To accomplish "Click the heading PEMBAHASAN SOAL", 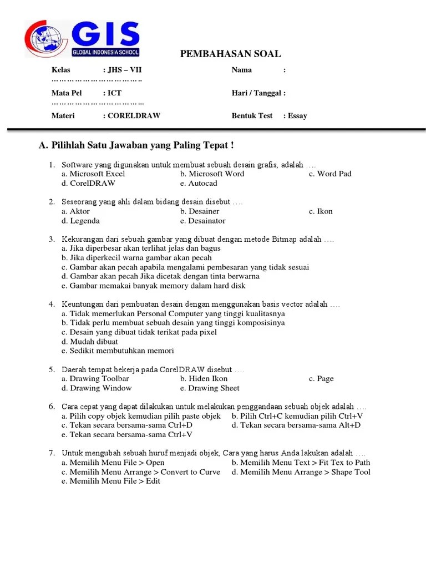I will [x=230, y=54].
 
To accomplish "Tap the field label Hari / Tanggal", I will [x=258, y=93].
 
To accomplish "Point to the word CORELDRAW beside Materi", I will [x=134, y=116].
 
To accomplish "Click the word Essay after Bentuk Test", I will [x=297, y=116].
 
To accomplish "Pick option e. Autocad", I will [x=199, y=183].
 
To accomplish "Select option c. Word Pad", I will [x=330, y=174].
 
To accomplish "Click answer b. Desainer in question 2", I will [x=200, y=211].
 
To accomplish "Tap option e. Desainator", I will [x=202, y=221].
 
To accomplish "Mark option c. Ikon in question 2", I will [x=321, y=211].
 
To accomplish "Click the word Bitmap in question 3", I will [x=286, y=239].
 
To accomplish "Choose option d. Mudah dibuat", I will [x=90, y=342].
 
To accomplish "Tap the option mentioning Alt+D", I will [x=296, y=425].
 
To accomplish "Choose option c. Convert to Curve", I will [x=141, y=472].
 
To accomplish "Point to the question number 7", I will [x=52, y=453].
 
